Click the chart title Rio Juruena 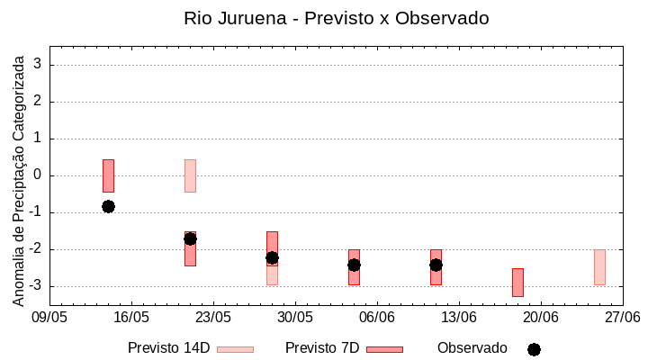click(336, 18)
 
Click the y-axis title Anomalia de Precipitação click(19, 179)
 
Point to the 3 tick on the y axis click(38, 65)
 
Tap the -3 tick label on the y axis click(36, 286)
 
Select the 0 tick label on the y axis click(38, 175)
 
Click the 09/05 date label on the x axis click(49, 318)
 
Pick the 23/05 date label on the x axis click(213, 318)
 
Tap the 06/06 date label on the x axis click(377, 318)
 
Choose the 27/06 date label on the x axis click(622, 318)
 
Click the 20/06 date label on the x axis click(541, 318)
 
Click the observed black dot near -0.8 click(108, 206)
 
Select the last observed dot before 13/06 click(436, 265)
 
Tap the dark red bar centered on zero click(108, 175)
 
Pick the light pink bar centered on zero click(190, 175)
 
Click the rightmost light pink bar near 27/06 click(599, 267)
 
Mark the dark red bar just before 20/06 click(517, 282)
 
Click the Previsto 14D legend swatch click(235, 349)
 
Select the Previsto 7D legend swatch click(384, 349)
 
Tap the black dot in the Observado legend click(534, 349)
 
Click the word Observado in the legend click(472, 347)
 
